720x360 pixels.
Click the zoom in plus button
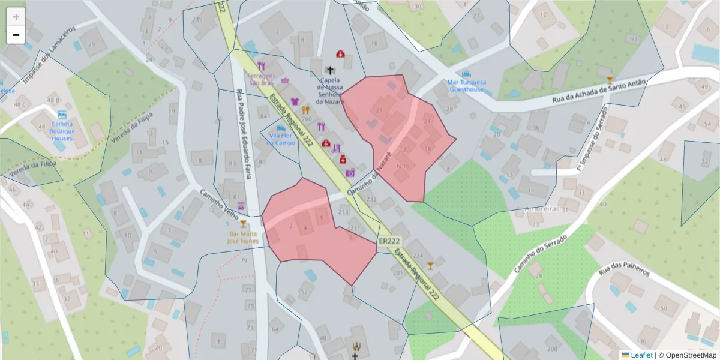pyautogui.click(x=16, y=17)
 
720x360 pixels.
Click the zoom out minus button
pyautogui.click(x=16, y=35)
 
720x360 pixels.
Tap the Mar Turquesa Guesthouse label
pyautogui.click(x=466, y=85)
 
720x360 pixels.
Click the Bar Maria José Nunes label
pyautogui.click(x=243, y=236)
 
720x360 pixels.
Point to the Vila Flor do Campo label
pyautogui.click(x=281, y=139)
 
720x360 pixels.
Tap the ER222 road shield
pyautogui.click(x=389, y=241)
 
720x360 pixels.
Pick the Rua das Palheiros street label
pyautogui.click(x=624, y=265)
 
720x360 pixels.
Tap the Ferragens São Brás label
pyautogui.click(x=262, y=79)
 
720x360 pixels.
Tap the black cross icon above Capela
pyautogui.click(x=330, y=70)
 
